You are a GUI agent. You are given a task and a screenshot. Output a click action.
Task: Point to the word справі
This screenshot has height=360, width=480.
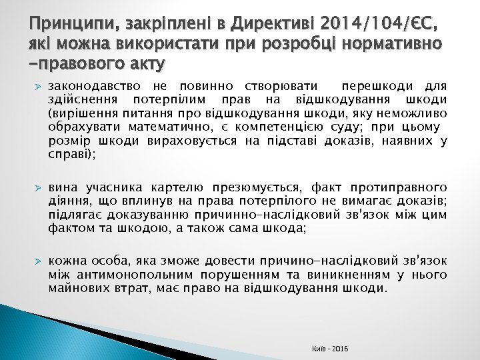[x=70, y=155]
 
